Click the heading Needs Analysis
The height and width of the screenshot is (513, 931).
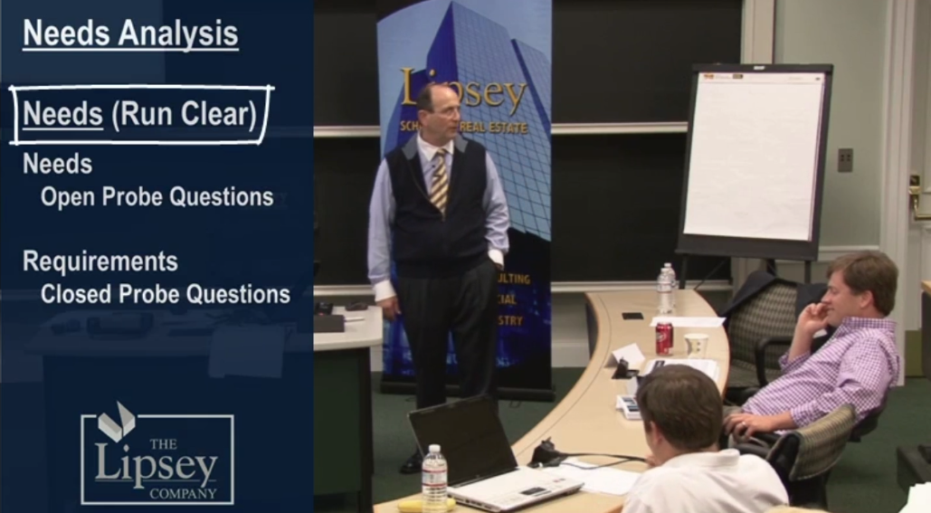point(130,34)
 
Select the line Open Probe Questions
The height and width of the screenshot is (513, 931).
point(157,196)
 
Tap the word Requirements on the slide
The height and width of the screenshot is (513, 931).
point(100,261)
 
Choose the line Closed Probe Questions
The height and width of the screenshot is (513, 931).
point(165,294)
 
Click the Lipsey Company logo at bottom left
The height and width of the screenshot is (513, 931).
point(157,457)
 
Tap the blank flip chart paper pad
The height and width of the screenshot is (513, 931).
point(754,155)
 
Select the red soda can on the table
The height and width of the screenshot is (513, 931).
point(664,337)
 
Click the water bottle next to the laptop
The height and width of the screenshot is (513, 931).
point(434,478)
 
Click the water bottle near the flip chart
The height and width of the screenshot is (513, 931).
point(666,290)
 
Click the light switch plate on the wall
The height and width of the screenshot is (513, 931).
point(845,159)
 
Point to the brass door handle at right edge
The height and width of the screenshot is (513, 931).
point(917,194)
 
